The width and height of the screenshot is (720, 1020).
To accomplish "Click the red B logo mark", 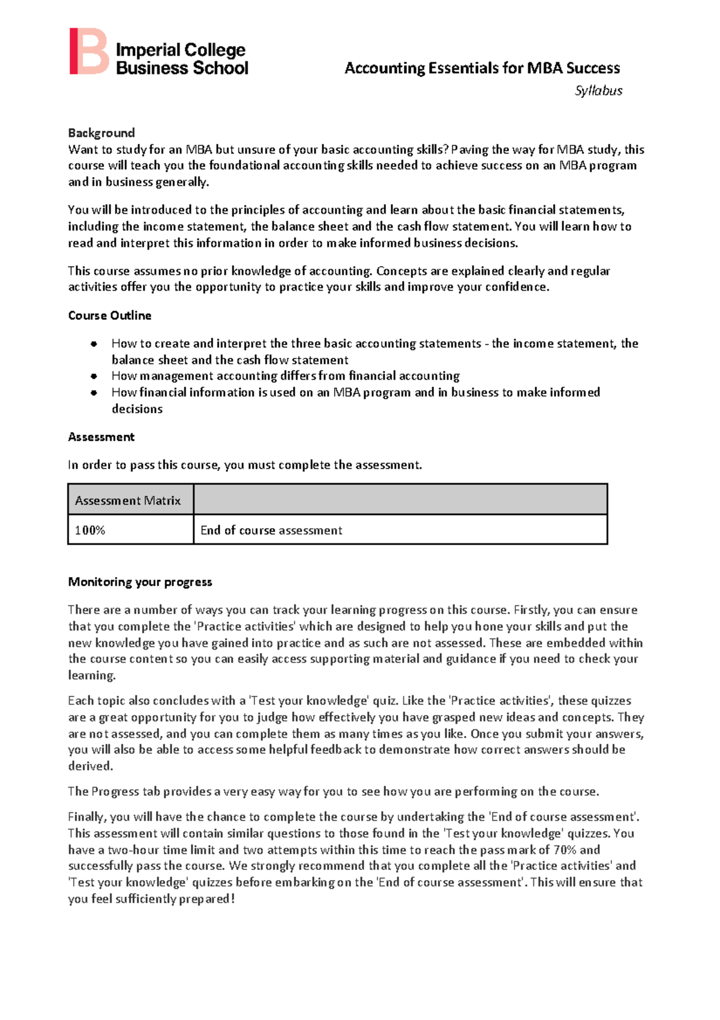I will (88, 52).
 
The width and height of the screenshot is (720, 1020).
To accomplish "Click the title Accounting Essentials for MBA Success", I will (482, 68).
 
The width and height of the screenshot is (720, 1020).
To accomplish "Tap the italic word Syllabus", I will (598, 91).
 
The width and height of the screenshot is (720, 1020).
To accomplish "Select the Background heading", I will (101, 133).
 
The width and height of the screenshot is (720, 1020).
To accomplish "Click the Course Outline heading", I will (110, 315).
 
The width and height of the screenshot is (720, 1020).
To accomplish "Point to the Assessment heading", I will (101, 437).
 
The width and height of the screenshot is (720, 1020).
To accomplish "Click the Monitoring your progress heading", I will (140, 582).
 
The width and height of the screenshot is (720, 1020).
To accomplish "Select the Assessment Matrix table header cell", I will (128, 501).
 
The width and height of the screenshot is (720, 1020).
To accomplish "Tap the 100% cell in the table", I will (90, 530).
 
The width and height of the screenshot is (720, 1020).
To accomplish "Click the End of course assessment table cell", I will (271, 530).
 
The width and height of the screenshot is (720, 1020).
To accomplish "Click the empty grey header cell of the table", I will (400, 499).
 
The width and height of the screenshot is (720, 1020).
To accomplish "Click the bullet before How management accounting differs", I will (94, 376).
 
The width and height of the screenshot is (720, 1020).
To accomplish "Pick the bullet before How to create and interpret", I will (94, 344).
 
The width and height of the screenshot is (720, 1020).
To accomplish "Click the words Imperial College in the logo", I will (181, 50).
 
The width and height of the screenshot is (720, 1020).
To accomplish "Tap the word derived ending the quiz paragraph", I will (90, 766).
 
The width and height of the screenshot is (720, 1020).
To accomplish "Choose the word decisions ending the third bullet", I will (137, 409).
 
